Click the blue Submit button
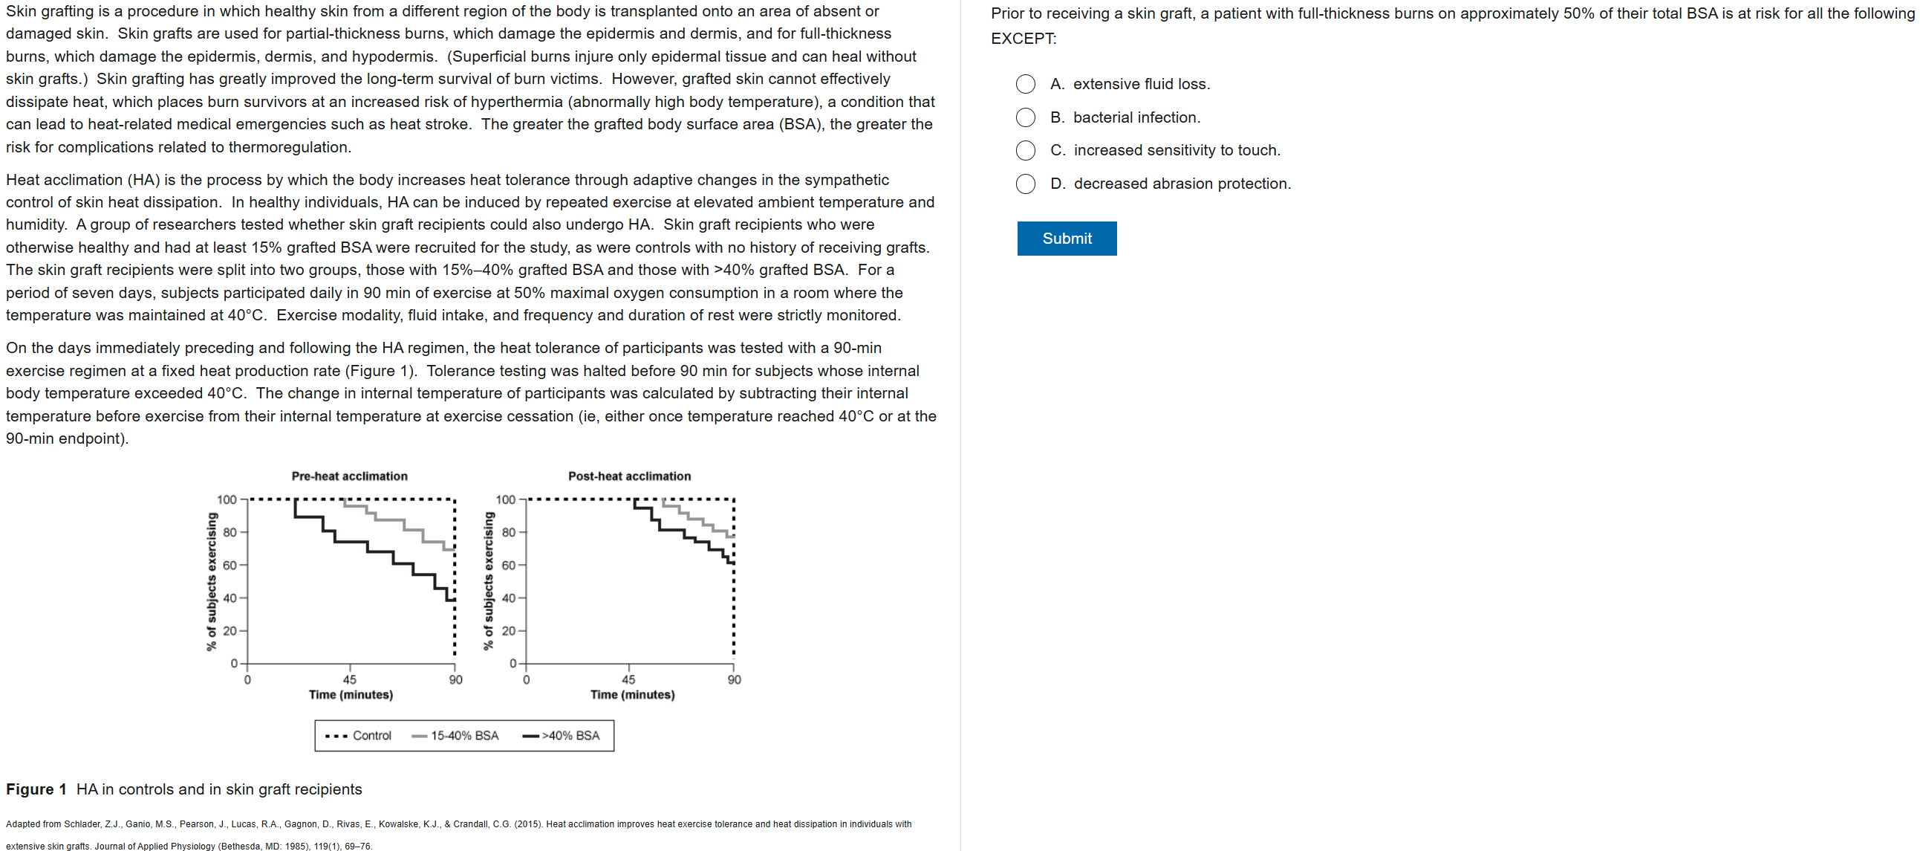1066,239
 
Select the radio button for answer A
1025,84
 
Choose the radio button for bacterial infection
1025,118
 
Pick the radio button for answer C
1025,151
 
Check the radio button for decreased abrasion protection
1025,184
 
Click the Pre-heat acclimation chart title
349,476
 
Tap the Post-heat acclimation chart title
629,476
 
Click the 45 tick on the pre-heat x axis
350,679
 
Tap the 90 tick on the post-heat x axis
734,679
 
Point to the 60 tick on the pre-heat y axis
230,566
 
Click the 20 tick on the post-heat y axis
508,631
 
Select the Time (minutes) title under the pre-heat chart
351,694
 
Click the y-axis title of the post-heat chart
488,580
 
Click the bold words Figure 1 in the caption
36,789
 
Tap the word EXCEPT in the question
1022,39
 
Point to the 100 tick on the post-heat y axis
505,499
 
